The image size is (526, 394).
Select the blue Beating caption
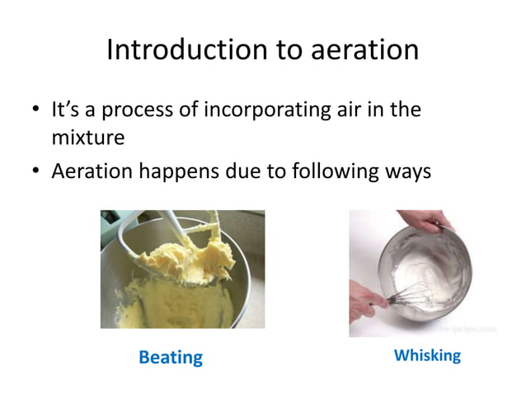coord(171,357)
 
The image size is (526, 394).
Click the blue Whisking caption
coord(427,355)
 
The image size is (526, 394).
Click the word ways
coord(407,172)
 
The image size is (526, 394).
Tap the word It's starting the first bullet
coord(66,110)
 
